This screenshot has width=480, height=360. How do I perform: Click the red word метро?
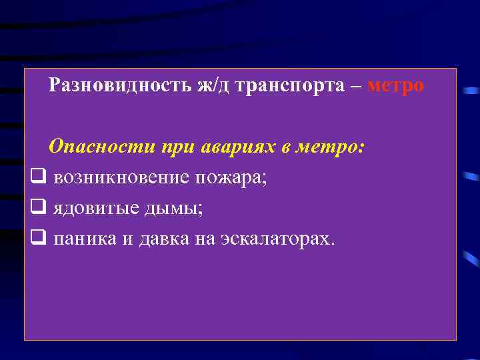[x=395, y=86]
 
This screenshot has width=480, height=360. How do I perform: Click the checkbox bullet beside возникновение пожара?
[x=38, y=177]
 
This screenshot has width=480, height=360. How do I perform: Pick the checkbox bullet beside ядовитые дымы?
[x=38, y=208]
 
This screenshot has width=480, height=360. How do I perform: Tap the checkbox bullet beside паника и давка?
[x=38, y=238]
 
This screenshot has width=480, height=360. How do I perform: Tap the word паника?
[x=84, y=238]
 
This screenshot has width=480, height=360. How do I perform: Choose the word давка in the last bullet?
[x=163, y=238]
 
